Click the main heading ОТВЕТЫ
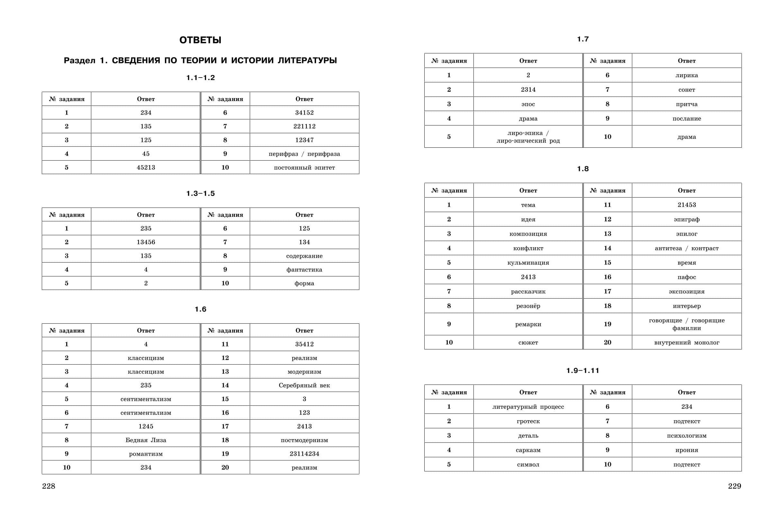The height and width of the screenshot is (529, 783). pyautogui.click(x=200, y=40)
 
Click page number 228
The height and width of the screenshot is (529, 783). pyautogui.click(x=49, y=486)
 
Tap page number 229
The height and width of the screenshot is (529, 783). pyautogui.click(x=734, y=486)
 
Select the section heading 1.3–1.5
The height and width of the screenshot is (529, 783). pyautogui.click(x=200, y=193)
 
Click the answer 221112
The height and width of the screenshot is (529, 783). pyautogui.click(x=304, y=126)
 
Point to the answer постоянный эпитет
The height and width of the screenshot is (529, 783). pyautogui.click(x=304, y=168)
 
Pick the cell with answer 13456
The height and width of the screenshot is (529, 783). pyautogui.click(x=146, y=242)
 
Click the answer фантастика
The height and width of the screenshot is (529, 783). pyautogui.click(x=304, y=270)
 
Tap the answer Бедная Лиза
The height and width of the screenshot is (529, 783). pyautogui.click(x=146, y=440)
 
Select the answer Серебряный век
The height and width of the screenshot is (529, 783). pyautogui.click(x=304, y=385)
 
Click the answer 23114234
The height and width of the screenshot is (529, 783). pyautogui.click(x=304, y=454)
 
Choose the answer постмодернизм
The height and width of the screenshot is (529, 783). pyautogui.click(x=304, y=440)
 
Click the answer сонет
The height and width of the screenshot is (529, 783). pyautogui.click(x=686, y=90)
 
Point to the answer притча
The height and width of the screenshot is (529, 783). pyautogui.click(x=686, y=104)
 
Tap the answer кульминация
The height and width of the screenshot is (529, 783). pyautogui.click(x=528, y=263)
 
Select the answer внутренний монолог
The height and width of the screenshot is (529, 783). pyautogui.click(x=686, y=342)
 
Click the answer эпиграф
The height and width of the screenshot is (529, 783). pyautogui.click(x=686, y=219)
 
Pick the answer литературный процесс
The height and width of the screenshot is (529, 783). pyautogui.click(x=528, y=406)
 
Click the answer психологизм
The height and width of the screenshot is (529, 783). pyautogui.click(x=686, y=436)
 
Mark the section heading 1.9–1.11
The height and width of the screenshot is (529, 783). pyautogui.click(x=582, y=370)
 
